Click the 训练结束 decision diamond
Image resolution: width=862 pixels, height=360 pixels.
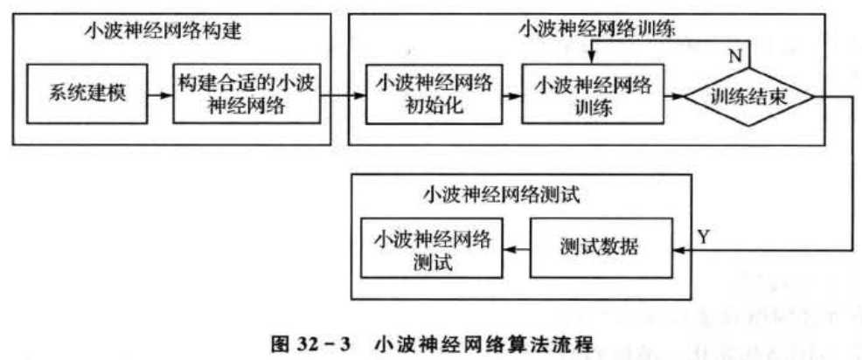[751, 96]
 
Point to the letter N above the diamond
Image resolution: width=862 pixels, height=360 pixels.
[737, 55]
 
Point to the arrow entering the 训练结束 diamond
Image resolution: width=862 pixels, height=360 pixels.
[675, 96]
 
